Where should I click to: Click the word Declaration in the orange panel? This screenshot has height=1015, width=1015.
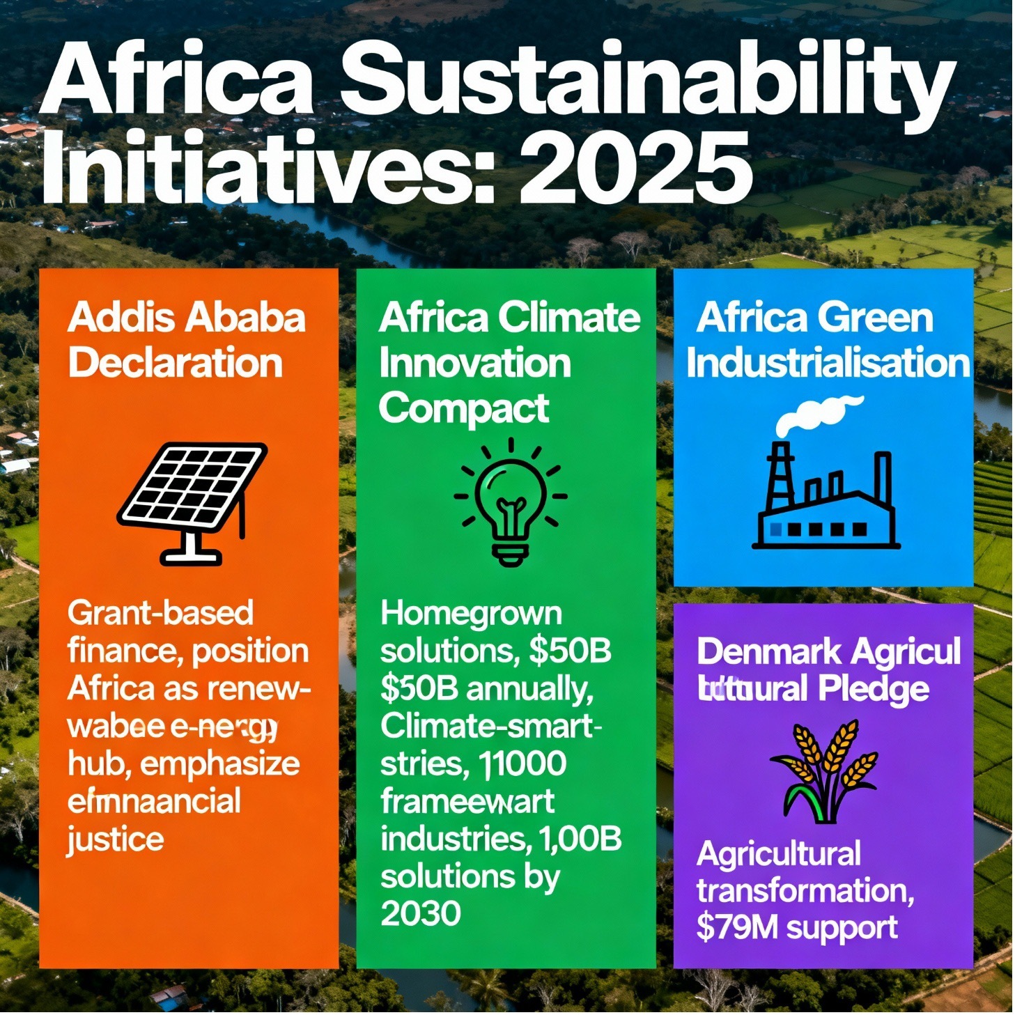click(x=176, y=363)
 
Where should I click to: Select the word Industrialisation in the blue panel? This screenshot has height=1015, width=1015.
click(x=828, y=363)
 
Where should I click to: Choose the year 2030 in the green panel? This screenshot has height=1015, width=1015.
click(x=420, y=913)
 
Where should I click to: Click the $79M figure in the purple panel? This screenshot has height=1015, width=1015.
click(x=736, y=927)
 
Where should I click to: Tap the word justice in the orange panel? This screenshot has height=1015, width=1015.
click(x=116, y=839)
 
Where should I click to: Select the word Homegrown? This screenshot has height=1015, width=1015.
click(x=471, y=613)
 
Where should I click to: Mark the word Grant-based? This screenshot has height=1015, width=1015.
click(x=160, y=613)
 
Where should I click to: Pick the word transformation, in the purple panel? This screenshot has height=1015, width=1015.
click(x=805, y=890)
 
